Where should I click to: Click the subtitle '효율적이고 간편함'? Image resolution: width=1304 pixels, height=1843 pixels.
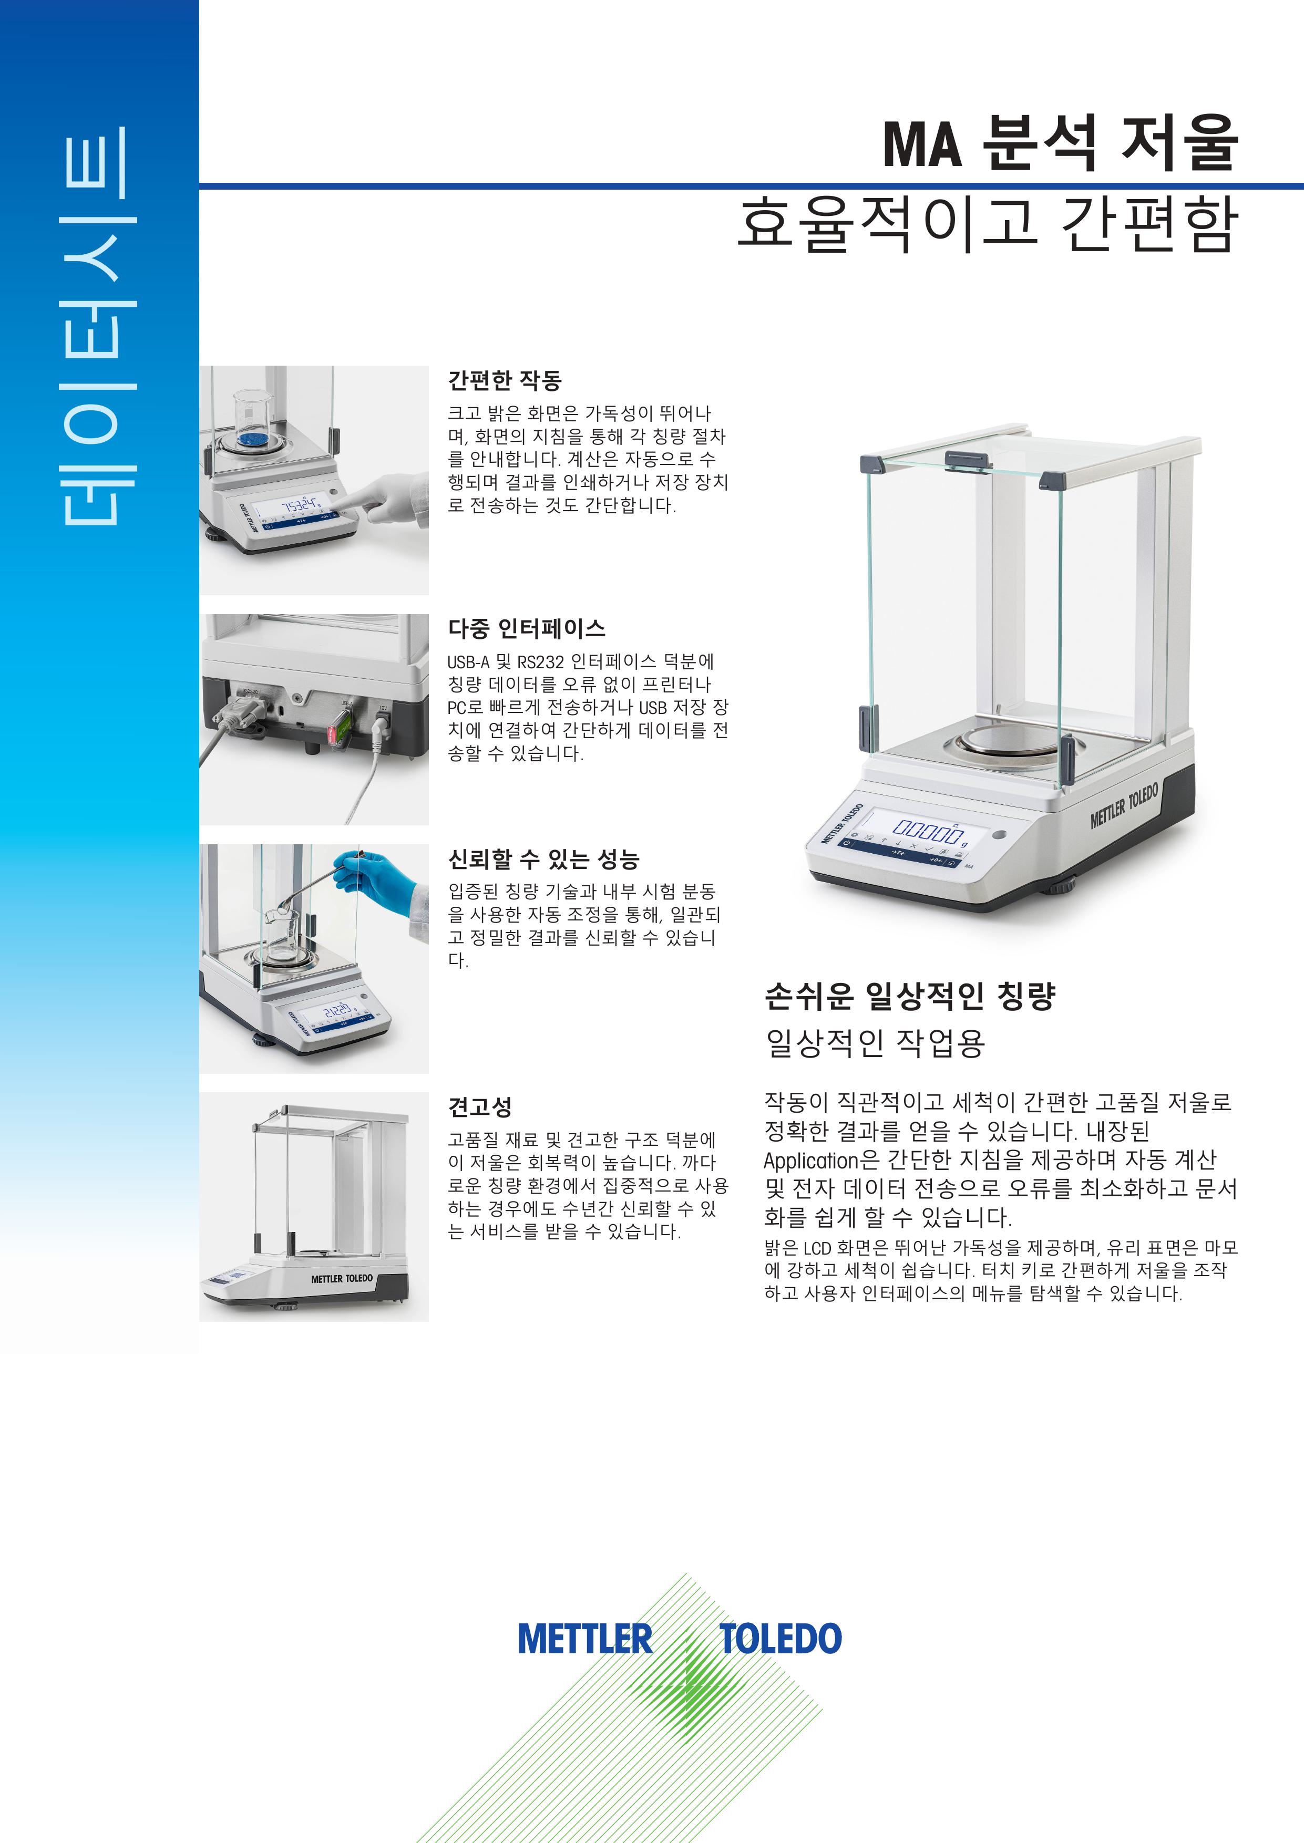coord(987,225)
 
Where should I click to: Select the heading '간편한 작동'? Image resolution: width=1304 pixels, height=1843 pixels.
coord(504,380)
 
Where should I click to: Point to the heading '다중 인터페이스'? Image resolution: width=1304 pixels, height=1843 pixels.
coord(527,628)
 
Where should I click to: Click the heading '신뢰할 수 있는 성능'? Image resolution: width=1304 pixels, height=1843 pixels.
coord(543,860)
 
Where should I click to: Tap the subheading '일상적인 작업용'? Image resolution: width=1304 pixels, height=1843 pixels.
coord(875,1043)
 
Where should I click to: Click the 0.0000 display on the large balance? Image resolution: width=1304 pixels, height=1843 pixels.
coord(928,829)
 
